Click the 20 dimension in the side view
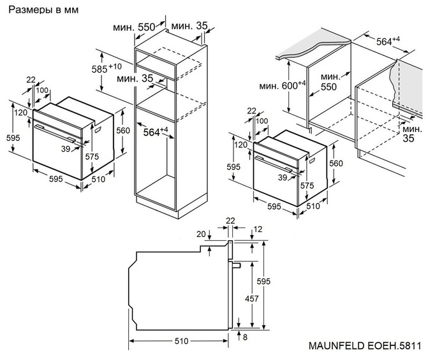(x=202, y=234)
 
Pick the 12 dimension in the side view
(x=258, y=229)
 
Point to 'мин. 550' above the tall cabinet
(x=134, y=27)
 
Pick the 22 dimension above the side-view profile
(x=230, y=221)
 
